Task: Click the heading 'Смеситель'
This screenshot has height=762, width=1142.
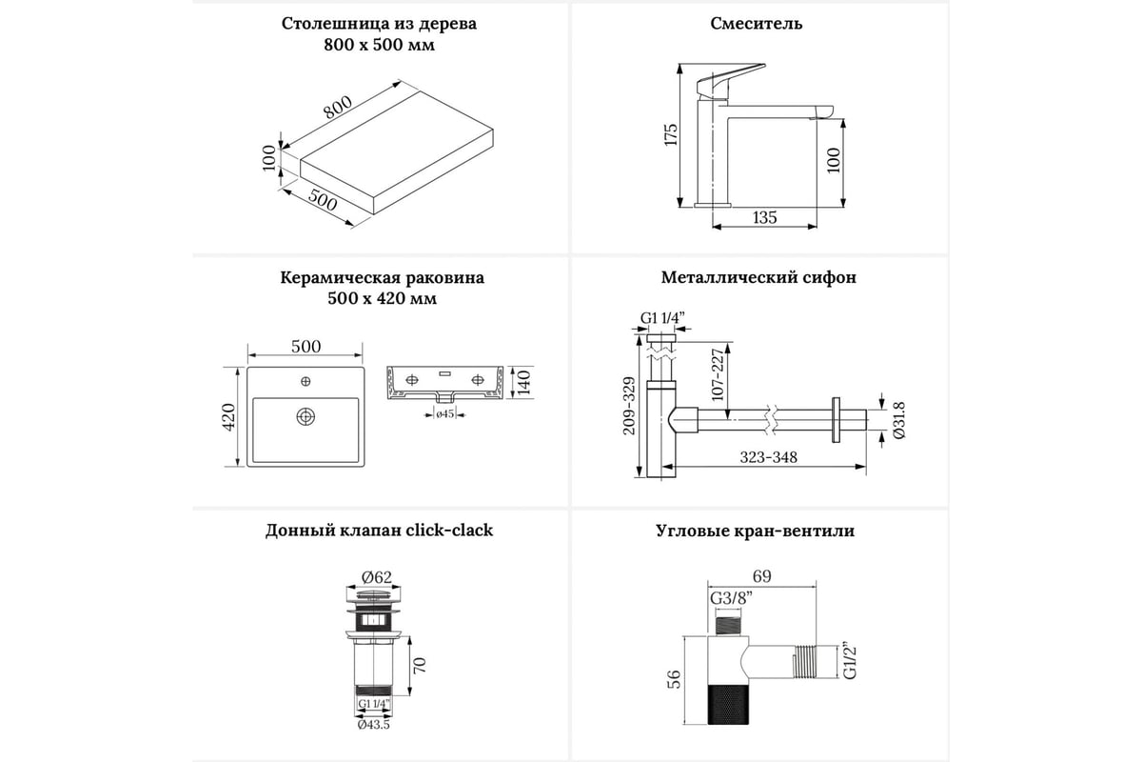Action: pos(757,24)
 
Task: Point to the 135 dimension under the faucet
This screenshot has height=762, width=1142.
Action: pos(764,217)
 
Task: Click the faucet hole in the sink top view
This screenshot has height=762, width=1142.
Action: pos(305,382)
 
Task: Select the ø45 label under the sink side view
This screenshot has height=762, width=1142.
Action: pos(444,413)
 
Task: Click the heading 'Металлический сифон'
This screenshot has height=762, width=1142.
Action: pos(758,278)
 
